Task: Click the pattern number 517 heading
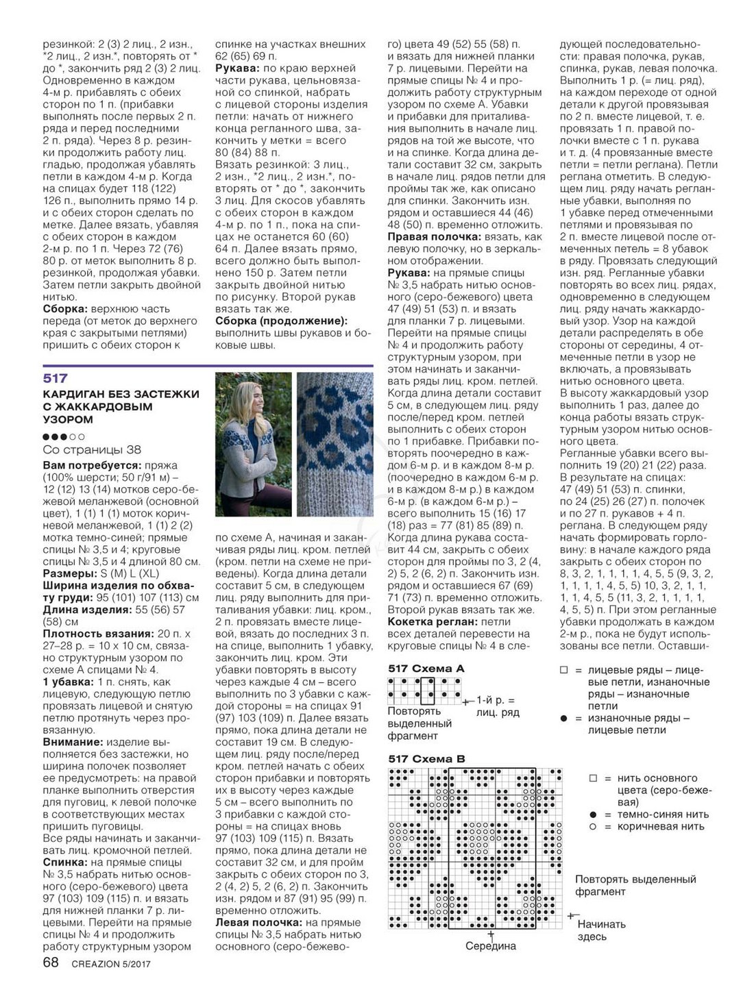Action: pos(56,378)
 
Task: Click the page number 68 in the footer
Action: pos(51,963)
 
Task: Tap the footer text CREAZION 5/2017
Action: pos(110,965)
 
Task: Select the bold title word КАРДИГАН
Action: pos(77,395)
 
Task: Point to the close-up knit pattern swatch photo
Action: pos(335,444)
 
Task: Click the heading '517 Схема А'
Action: pos(426,668)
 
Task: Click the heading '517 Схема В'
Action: pos(426,758)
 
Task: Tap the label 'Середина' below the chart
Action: pos(490,946)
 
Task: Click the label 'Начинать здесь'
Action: pos(601,930)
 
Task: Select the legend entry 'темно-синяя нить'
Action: pos(663,815)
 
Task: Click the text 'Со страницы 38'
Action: pos(92,449)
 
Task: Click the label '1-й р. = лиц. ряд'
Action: pos(497,706)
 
